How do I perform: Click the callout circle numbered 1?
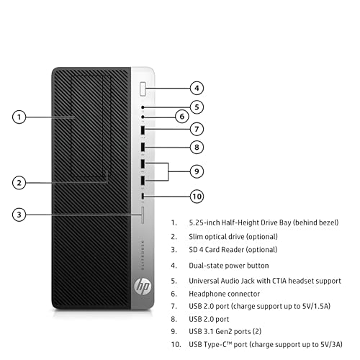click(20, 116)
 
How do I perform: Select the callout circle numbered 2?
click(20, 182)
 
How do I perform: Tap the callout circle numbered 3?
click(20, 214)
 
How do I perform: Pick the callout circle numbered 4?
click(197, 89)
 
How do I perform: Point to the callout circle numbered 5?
click(197, 107)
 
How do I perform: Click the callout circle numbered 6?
click(182, 116)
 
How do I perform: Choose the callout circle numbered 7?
click(197, 130)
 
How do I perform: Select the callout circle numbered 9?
click(197, 171)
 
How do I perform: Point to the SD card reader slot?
click(144, 214)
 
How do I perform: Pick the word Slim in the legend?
click(196, 236)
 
